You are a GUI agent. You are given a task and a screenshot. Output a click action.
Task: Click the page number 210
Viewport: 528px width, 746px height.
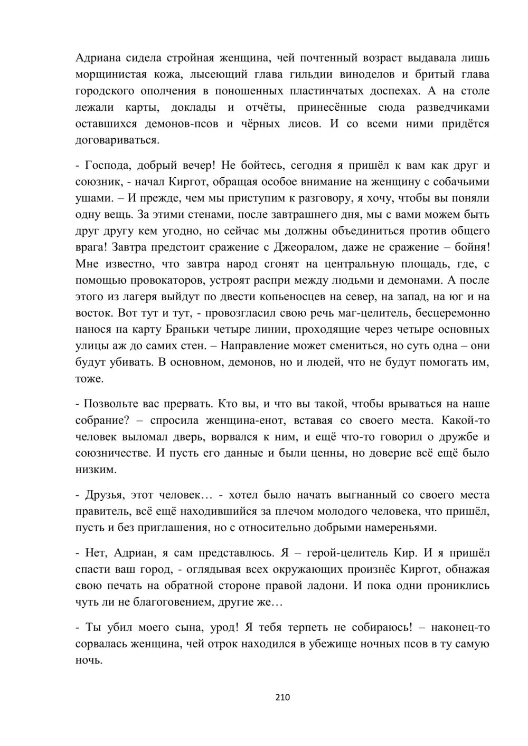tap(283, 697)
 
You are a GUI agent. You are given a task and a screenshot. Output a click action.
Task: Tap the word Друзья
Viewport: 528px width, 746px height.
tap(104, 495)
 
